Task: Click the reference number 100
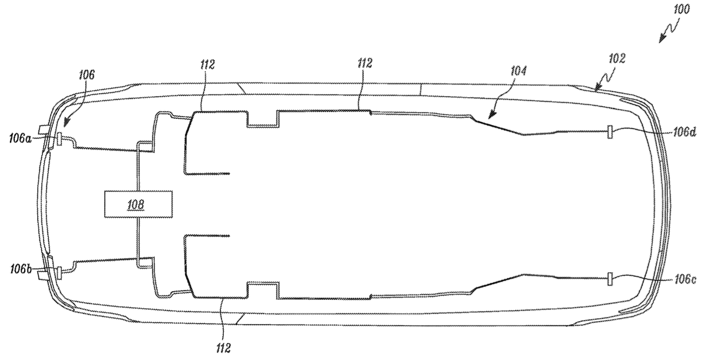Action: pos(682,9)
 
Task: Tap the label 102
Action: pos(617,59)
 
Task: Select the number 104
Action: pos(518,71)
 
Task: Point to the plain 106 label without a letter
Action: pos(87,75)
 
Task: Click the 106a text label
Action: pos(21,138)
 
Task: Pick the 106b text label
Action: pos(21,269)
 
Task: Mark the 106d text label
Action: pos(685,132)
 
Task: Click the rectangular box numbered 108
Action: pos(138,204)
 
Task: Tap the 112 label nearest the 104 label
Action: pos(365,64)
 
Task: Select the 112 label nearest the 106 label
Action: pos(207,65)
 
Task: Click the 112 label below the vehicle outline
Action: pos(223,348)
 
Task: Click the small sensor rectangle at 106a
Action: pos(60,139)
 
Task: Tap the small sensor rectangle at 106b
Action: pos(59,273)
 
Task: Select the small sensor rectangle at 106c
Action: pos(610,279)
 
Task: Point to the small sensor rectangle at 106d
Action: pos(610,131)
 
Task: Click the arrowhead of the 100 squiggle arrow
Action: pos(662,39)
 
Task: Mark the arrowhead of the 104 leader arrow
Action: pos(490,117)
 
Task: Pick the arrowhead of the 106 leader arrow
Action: pos(65,123)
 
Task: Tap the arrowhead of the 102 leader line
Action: pos(596,88)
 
